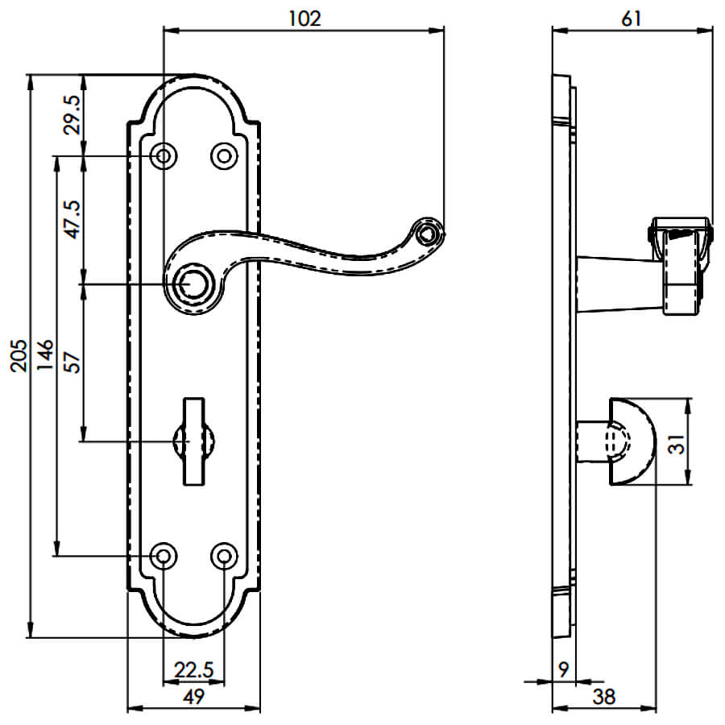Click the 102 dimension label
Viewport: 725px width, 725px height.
click(304, 19)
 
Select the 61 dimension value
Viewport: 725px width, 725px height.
click(632, 19)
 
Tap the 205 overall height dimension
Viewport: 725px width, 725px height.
click(19, 356)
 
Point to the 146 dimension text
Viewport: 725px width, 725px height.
click(45, 356)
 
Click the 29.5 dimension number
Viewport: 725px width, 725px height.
click(73, 114)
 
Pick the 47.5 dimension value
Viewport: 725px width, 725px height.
click(73, 220)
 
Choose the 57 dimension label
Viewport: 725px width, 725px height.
click(73, 362)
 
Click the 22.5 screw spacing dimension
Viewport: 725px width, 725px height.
click(193, 669)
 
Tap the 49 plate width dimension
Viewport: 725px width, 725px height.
click(193, 696)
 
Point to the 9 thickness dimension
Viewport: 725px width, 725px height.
click(563, 669)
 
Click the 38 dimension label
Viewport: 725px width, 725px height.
click(604, 696)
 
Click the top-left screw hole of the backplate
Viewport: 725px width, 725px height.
click(164, 155)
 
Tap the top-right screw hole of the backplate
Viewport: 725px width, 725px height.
click(224, 155)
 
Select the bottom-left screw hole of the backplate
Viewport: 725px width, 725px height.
click(164, 556)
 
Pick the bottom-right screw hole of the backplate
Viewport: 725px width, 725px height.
click(224, 556)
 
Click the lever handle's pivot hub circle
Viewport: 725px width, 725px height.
click(193, 285)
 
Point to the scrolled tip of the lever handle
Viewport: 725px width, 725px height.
click(429, 232)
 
